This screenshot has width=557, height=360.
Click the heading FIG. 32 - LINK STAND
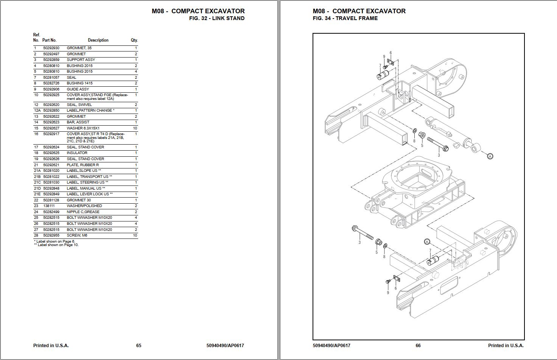216,18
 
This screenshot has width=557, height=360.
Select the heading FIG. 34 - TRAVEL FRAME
345,18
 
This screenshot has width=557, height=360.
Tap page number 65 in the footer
138,345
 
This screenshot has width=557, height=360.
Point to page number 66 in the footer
418,345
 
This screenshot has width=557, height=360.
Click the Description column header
98,40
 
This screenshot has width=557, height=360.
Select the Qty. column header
134,40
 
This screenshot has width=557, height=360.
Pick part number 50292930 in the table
51,48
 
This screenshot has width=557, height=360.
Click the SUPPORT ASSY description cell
81,60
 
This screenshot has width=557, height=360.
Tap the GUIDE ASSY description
78,89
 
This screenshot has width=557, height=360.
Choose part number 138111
49,206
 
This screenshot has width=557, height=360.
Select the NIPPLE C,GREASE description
83,212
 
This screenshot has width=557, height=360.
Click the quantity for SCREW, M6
135,235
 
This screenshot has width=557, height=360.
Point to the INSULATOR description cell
77,153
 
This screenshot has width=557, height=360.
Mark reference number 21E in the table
37,194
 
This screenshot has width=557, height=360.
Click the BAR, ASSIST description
78,122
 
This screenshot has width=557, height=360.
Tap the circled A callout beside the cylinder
490,156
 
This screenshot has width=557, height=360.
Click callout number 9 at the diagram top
384,57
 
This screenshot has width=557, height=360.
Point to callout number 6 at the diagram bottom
395,288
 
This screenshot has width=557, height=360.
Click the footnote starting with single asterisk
54,241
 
